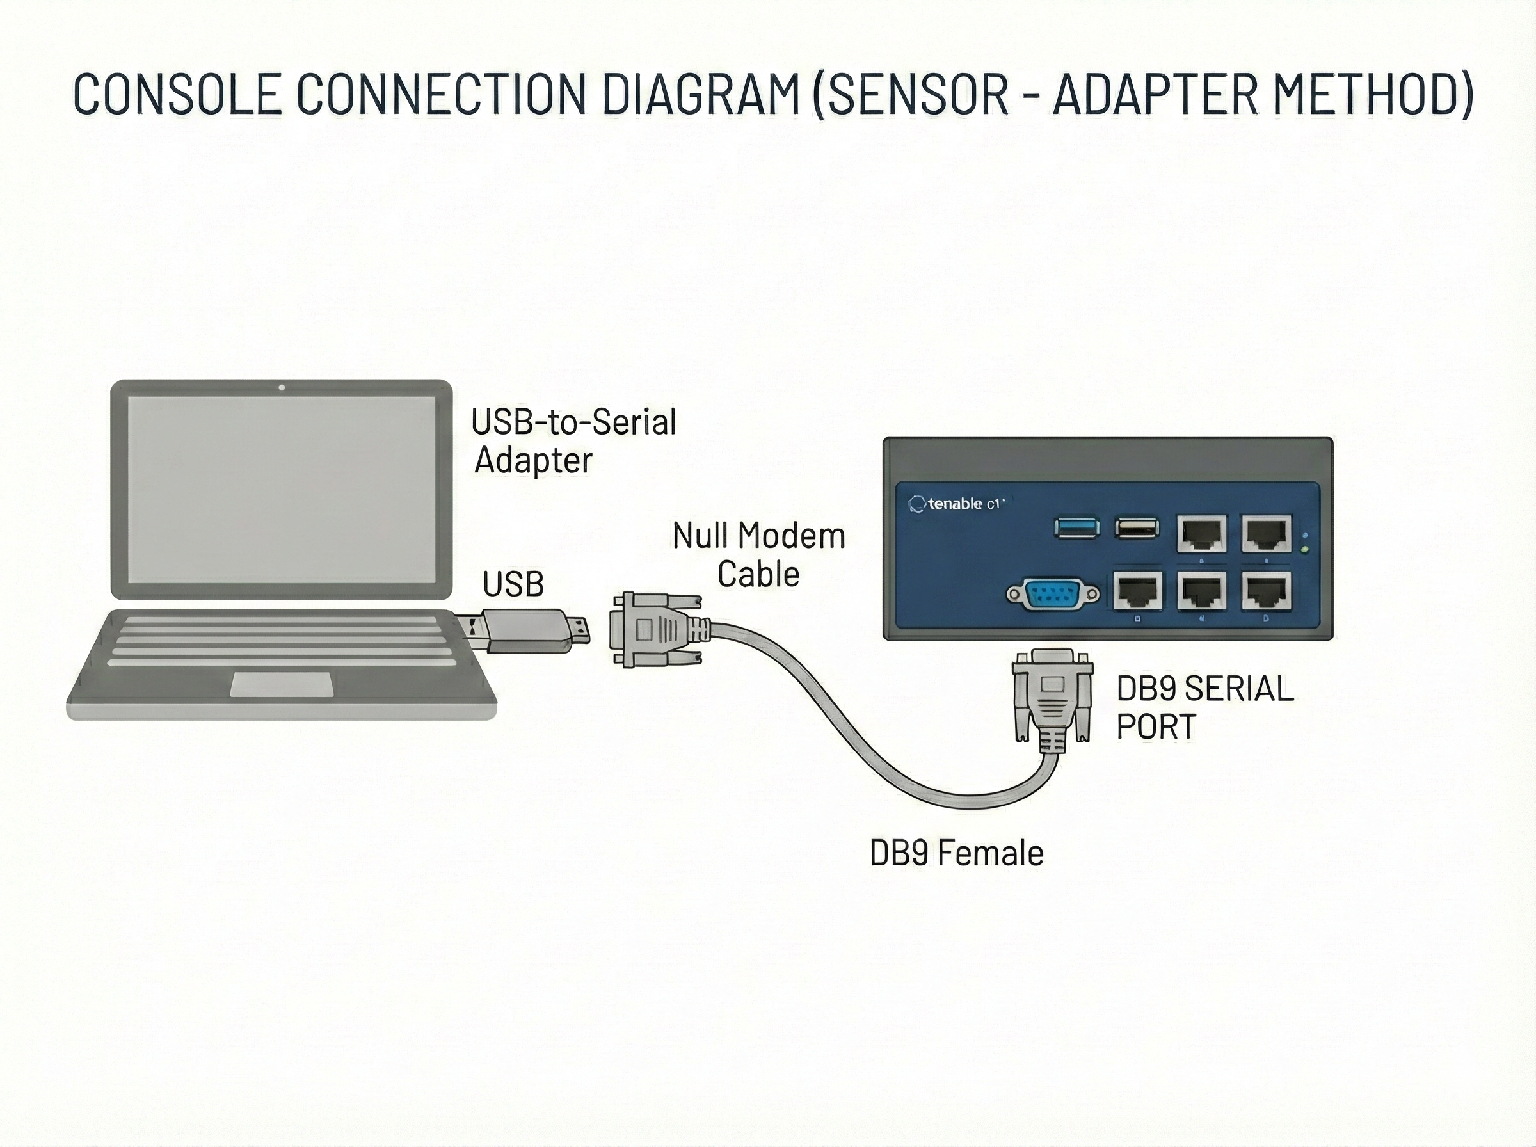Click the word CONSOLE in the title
(x=178, y=93)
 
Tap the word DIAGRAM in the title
(x=701, y=93)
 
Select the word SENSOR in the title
(x=917, y=93)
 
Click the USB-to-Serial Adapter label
(x=573, y=440)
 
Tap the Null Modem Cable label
(x=758, y=555)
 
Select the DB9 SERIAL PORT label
(x=1204, y=707)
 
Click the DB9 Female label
(x=956, y=853)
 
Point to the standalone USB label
(x=513, y=584)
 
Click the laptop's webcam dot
(x=281, y=387)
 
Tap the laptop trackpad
(x=281, y=684)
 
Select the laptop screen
(x=281, y=490)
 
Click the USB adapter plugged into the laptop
(x=531, y=630)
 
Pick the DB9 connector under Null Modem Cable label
(x=652, y=630)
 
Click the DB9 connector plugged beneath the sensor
(x=1052, y=698)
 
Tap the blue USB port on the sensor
(x=1076, y=527)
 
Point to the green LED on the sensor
(x=1306, y=550)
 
